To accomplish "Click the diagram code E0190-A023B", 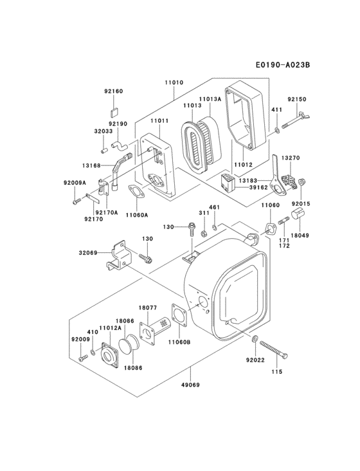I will click(x=291, y=66).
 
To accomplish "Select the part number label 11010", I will click(x=174, y=83).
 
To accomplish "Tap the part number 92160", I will click(x=113, y=91).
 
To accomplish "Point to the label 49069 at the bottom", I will click(x=192, y=386).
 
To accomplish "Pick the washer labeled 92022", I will click(x=256, y=339).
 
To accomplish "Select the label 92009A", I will click(x=75, y=183).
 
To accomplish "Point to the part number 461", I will click(x=214, y=207).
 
